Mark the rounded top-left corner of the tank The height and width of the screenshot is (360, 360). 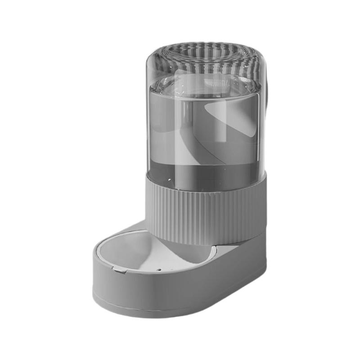[x=153, y=58]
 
